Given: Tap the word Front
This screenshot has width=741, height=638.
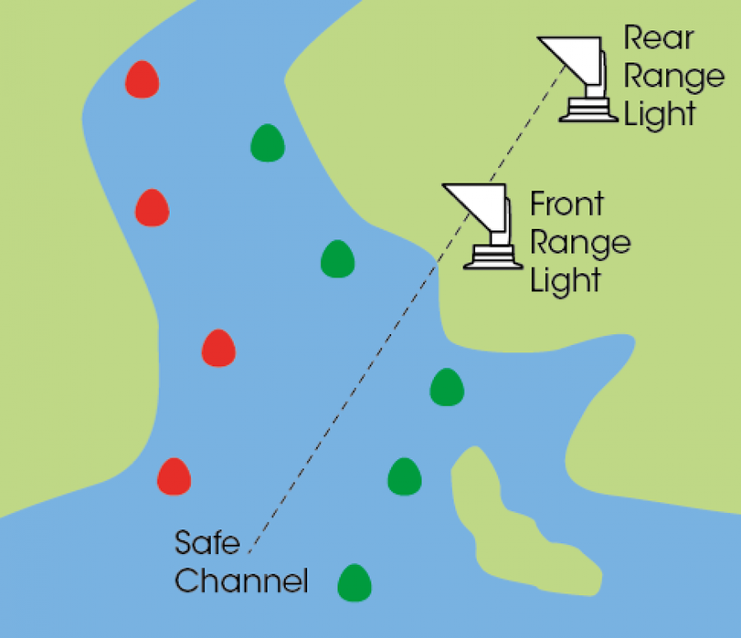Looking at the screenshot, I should [x=566, y=204].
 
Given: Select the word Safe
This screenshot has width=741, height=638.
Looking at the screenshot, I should [x=207, y=543].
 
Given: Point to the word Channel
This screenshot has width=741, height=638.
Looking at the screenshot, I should [x=241, y=580].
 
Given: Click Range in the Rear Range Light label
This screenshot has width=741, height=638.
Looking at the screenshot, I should [x=674, y=77].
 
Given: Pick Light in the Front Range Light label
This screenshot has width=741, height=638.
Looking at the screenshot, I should [x=565, y=280].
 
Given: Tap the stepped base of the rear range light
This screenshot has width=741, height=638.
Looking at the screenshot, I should [x=589, y=110].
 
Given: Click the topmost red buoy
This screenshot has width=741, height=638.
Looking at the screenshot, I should [x=142, y=79].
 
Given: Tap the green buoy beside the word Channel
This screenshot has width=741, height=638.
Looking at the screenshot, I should [x=355, y=582].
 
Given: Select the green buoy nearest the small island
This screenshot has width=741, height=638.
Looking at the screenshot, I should [x=404, y=475].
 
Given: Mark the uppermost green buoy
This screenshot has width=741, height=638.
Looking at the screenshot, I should [x=268, y=142].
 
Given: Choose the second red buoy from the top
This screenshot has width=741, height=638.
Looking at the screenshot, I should [x=151, y=207].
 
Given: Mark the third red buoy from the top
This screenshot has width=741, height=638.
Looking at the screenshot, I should [x=218, y=348].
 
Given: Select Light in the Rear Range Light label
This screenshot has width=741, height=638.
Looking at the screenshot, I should [x=659, y=114].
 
